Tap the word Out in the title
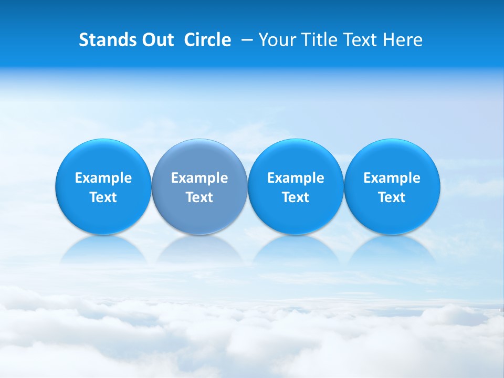[x=157, y=40]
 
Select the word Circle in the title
[x=207, y=40]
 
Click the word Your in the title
[x=276, y=40]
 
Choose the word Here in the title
[x=403, y=40]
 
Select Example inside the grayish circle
[x=199, y=178]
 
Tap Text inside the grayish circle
[x=199, y=197]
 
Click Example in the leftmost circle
[x=103, y=178]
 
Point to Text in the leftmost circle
[x=103, y=197]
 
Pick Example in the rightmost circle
[x=392, y=178]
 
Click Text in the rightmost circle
[x=392, y=197]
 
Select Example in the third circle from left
[x=296, y=178]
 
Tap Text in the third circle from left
[x=296, y=197]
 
